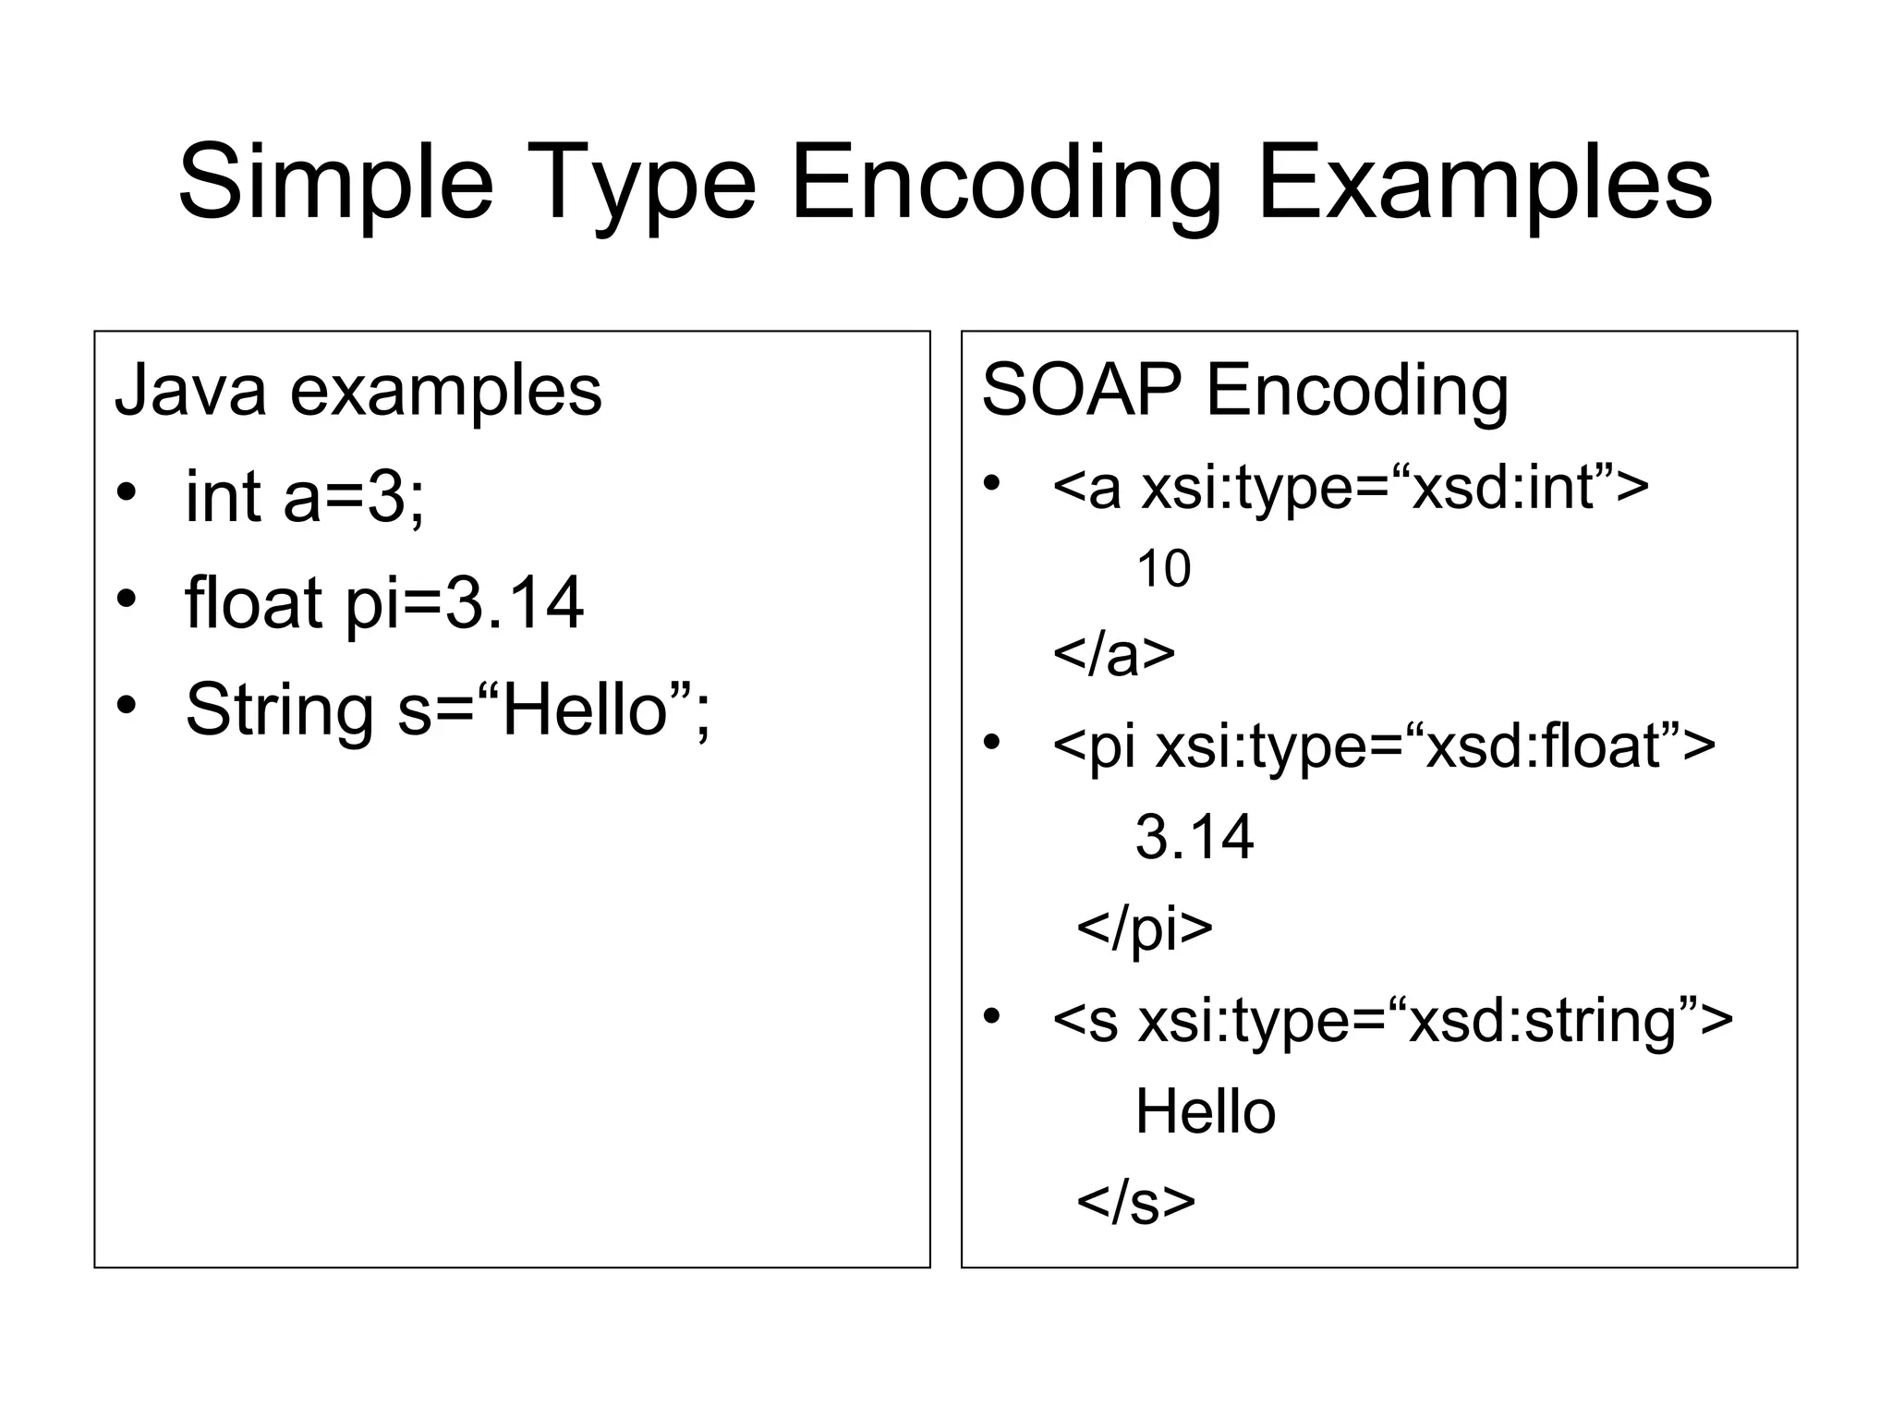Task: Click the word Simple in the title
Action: tap(335, 183)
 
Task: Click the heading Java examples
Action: tap(358, 391)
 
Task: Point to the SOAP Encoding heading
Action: tap(1244, 391)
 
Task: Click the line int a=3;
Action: tap(305, 497)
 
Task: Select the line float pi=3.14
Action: tap(383, 603)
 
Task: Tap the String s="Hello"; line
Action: tap(448, 709)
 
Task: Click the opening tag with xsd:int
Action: tap(1350, 487)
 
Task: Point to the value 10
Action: tap(1163, 569)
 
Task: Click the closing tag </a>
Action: tap(1114, 654)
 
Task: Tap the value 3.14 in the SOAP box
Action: tap(1194, 837)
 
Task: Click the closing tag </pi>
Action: tap(1144, 928)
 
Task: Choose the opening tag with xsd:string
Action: tap(1392, 1020)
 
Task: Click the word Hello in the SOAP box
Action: tap(1205, 1111)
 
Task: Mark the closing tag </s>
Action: tap(1135, 1202)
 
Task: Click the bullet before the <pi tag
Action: tap(992, 741)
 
